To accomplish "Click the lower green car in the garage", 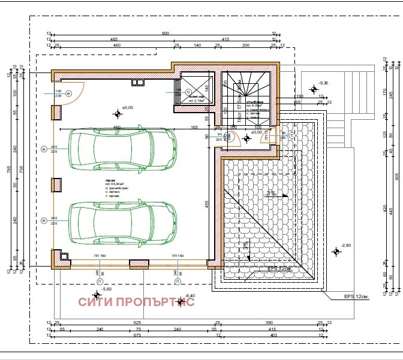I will tap(124, 221).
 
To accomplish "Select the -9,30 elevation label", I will tap(324, 83).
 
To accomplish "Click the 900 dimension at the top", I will tap(165, 34).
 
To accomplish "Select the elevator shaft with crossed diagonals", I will tap(196, 89).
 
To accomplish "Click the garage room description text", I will tap(110, 186).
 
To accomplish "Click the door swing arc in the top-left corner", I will tap(74, 93).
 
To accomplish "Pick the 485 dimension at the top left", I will tap(114, 39).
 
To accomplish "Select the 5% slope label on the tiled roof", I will tap(271, 193).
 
